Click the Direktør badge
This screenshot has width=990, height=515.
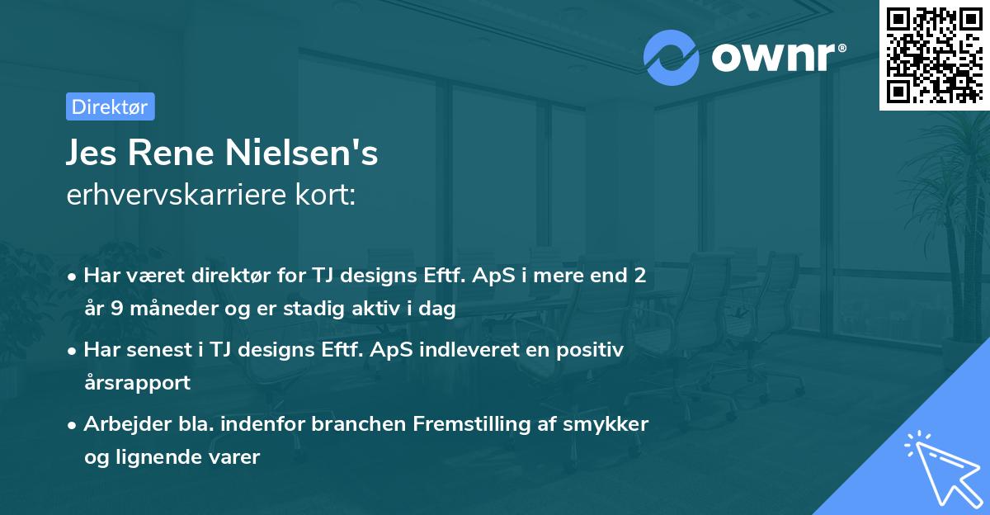pyautogui.click(x=110, y=106)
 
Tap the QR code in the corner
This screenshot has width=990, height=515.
pyautogui.click(x=934, y=55)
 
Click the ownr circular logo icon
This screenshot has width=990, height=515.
pyautogui.click(x=672, y=57)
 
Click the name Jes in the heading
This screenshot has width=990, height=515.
pyautogui.click(x=93, y=154)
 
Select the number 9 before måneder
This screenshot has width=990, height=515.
pyautogui.click(x=118, y=309)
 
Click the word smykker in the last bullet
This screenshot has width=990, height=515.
pyautogui.click(x=612, y=424)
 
